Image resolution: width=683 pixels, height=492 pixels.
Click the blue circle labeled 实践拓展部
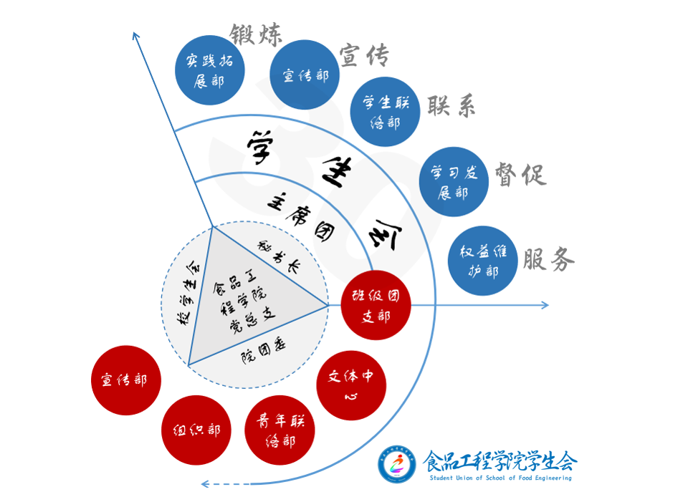click(x=210, y=71)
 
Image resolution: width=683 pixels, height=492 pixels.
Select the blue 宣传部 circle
click(x=305, y=74)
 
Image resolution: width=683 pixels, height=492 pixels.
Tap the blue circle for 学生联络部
click(x=385, y=112)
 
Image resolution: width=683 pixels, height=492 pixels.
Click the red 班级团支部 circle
click(x=376, y=306)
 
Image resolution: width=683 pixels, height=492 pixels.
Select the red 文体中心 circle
click(x=351, y=385)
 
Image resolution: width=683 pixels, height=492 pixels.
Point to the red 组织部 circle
click(x=196, y=430)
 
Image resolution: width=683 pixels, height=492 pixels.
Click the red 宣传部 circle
click(x=126, y=380)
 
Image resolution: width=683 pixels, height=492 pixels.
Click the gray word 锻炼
click(x=256, y=34)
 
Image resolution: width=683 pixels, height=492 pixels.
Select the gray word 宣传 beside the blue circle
click(x=363, y=54)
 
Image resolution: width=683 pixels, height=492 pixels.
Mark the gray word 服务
click(x=549, y=259)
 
